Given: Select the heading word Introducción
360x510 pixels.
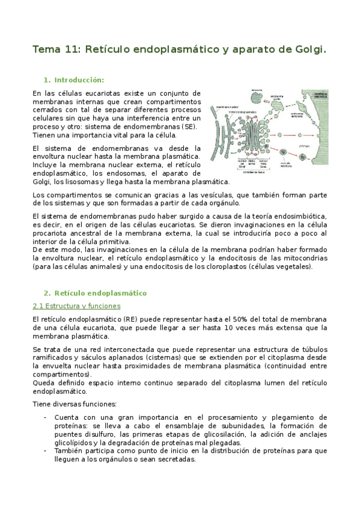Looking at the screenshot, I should pyautogui.click(x=79, y=80).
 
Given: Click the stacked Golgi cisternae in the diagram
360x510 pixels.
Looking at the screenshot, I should pyautogui.click(x=249, y=136).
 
